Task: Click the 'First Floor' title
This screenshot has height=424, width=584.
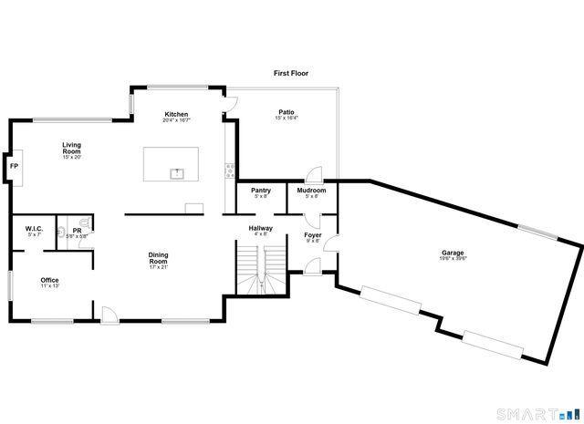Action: [291, 72]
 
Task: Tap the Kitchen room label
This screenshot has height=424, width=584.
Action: [176, 114]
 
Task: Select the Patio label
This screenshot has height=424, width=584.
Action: [286, 112]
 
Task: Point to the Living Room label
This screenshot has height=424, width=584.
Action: [72, 147]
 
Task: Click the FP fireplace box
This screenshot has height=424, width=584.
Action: [14, 167]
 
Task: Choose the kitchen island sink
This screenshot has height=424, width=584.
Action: [177, 171]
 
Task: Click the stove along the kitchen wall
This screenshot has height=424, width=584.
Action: [229, 169]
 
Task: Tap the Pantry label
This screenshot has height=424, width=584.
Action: [260, 191]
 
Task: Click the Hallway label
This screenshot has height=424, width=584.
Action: [262, 228]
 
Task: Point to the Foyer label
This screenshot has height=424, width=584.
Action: [312, 235]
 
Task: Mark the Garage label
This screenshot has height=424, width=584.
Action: [454, 253]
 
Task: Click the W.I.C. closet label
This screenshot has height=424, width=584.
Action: [35, 229]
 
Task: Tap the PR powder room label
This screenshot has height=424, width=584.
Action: [77, 231]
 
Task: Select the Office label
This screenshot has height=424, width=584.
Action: [49, 280]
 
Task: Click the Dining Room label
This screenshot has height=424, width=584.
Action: [159, 258]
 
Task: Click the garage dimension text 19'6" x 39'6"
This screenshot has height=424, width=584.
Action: [454, 259]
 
